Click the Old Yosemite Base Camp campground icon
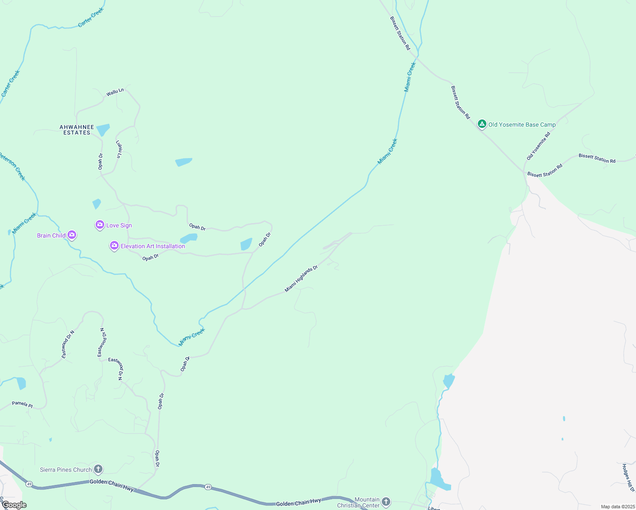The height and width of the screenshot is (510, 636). tap(482, 124)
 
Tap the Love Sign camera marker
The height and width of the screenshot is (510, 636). tap(100, 225)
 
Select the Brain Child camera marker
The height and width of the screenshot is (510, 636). tap(72, 235)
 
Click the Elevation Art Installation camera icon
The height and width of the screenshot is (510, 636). tap(114, 246)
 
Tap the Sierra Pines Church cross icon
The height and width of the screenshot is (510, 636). tap(98, 469)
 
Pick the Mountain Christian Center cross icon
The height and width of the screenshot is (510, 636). tap(386, 502)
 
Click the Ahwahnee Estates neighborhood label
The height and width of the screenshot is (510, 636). tap(77, 130)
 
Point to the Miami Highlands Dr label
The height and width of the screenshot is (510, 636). tap(301, 279)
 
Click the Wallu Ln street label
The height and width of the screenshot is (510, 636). tap(115, 92)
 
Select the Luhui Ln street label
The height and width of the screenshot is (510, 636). tap(119, 150)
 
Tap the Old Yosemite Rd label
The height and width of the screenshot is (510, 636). tap(538, 146)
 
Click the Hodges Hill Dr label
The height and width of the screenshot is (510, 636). tap(628, 478)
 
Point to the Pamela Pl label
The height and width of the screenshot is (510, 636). tap(22, 404)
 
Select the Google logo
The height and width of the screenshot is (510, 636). tap(14, 505)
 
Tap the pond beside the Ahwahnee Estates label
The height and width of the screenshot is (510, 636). tap(103, 129)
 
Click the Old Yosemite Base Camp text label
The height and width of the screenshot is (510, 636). tap(522, 125)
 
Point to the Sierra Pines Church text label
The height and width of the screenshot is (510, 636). tap(66, 470)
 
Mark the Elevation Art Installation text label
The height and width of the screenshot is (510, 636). tap(153, 246)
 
